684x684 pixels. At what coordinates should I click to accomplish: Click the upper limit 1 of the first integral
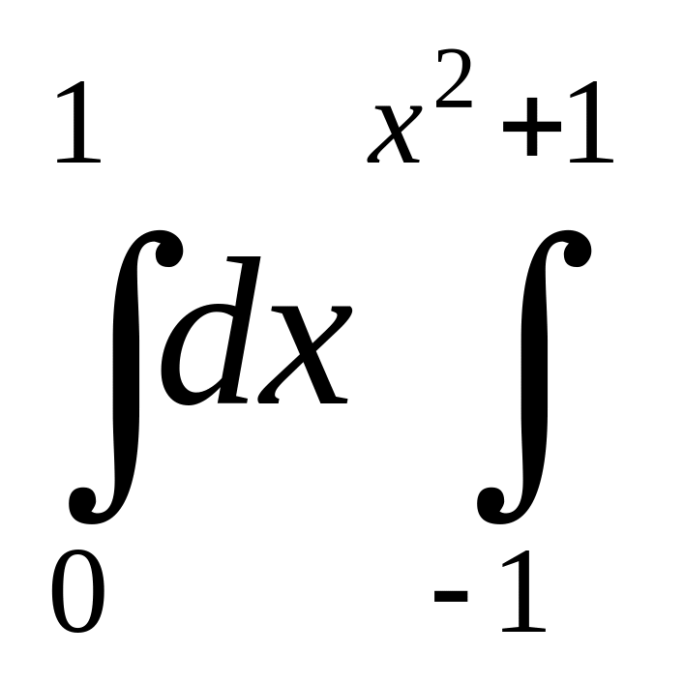77,126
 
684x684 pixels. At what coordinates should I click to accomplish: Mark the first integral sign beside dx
126,372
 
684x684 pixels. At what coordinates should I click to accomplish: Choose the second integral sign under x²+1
533,372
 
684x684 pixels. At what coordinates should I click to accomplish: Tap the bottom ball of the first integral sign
83,498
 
